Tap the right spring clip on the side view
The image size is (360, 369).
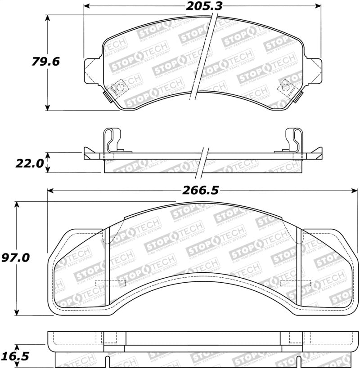(x=295, y=142)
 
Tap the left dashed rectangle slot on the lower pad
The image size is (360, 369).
(x=111, y=283)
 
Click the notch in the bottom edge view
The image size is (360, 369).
(x=107, y=361)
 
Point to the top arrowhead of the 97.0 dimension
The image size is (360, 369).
(x=17, y=205)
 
